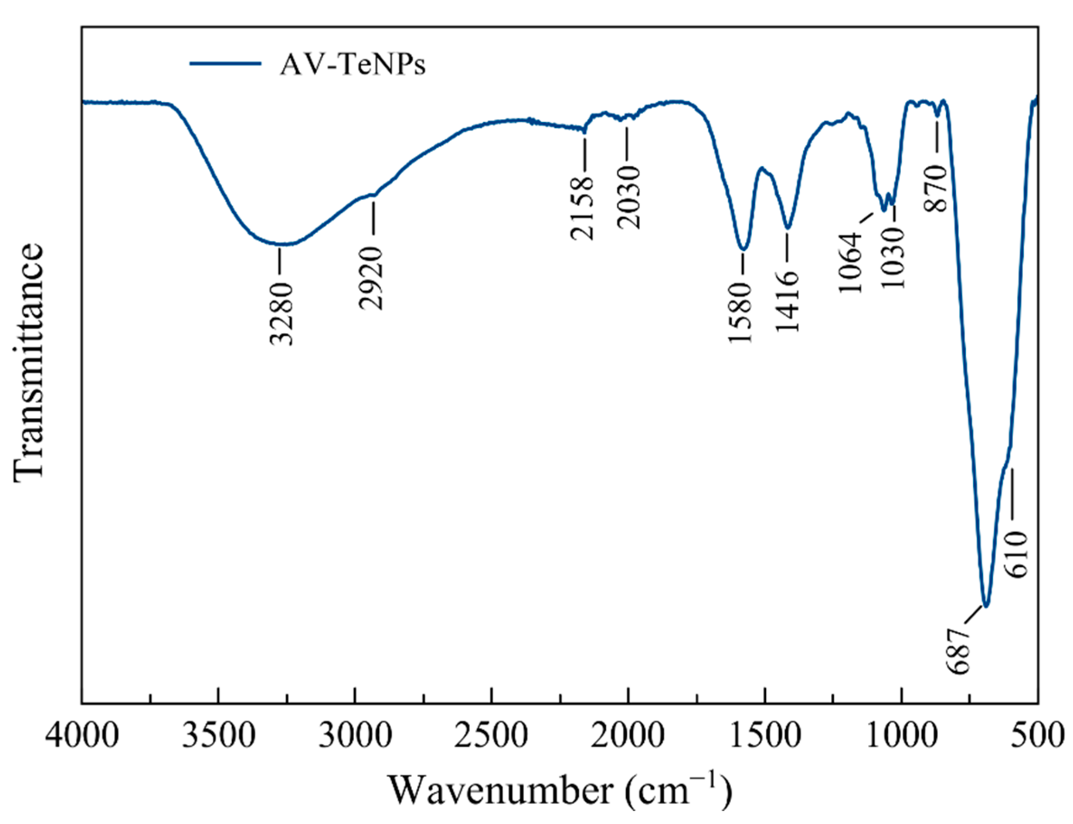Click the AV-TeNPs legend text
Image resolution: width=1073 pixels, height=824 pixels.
coord(352,65)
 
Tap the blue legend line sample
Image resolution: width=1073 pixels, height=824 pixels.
coord(225,63)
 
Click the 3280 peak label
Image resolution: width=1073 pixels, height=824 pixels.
coord(282,314)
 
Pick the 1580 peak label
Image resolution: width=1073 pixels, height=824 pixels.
coord(741,312)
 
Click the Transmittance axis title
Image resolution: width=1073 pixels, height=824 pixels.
coord(28,363)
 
